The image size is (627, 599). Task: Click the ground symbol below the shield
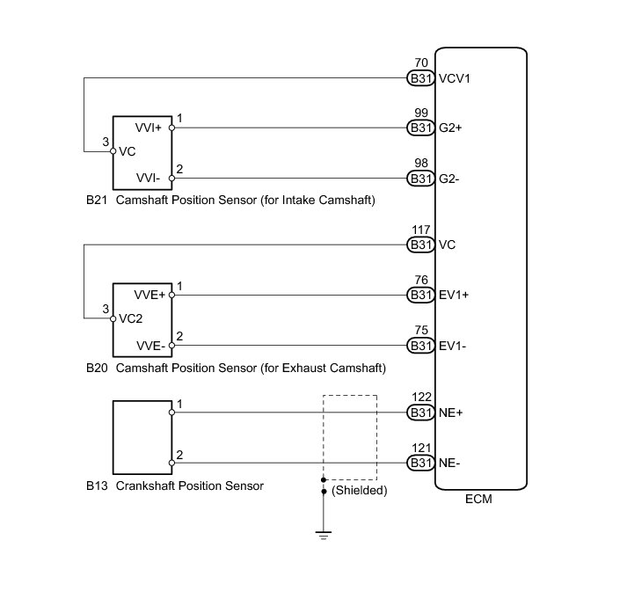pos(324,535)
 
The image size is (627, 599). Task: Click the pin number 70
pos(420,64)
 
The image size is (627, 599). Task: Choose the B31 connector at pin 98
pos(421,179)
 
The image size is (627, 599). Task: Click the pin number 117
pos(420,230)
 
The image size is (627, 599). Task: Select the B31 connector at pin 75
pos(421,345)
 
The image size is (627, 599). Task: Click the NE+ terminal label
pos(453,413)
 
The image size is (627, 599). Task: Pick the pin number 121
pos(420,449)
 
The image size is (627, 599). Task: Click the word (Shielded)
pos(360,491)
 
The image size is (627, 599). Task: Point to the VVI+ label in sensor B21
pos(148,128)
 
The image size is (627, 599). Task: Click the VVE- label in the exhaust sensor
pos(149,346)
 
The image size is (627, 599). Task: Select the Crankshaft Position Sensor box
pos(142,437)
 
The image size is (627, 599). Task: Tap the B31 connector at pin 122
pos(421,413)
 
